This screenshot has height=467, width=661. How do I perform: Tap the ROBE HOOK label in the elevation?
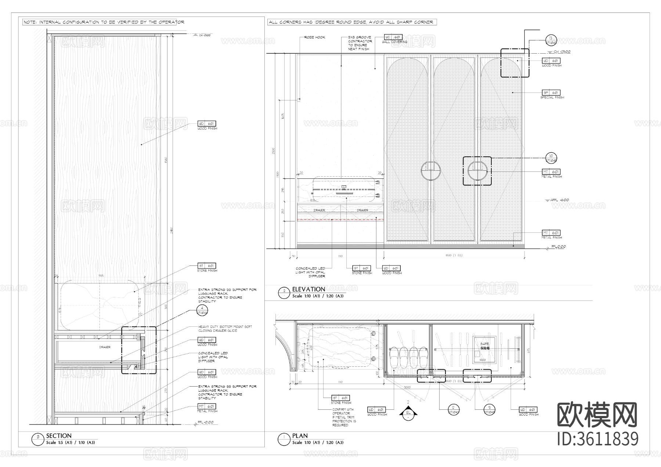(x=315, y=37)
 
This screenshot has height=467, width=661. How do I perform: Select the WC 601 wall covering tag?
(x=393, y=37)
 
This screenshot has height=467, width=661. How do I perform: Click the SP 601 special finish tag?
(x=551, y=93)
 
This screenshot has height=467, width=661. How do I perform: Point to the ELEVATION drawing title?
(x=308, y=289)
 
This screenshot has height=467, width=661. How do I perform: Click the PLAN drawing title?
(x=300, y=436)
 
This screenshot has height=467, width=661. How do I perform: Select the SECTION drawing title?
(x=59, y=436)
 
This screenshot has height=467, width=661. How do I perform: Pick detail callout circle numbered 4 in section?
(x=202, y=311)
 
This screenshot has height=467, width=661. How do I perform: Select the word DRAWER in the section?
(x=105, y=347)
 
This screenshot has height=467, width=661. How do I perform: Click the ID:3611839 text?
(x=597, y=439)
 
